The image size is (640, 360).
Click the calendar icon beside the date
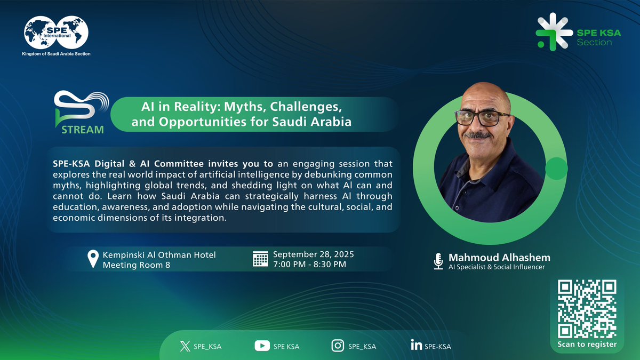pos(260,259)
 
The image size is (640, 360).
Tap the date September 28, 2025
pos(313,254)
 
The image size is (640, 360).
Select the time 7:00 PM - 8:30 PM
pos(309,264)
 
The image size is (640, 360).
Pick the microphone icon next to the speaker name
pos(438,261)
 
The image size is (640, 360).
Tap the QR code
pos(587,309)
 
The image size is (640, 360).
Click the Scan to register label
pos(587,344)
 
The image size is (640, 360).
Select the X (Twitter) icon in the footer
pos(185,346)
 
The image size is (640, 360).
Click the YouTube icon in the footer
pos(262,346)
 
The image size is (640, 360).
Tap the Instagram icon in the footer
pos(338,346)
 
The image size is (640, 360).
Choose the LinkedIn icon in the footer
pos(417,346)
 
